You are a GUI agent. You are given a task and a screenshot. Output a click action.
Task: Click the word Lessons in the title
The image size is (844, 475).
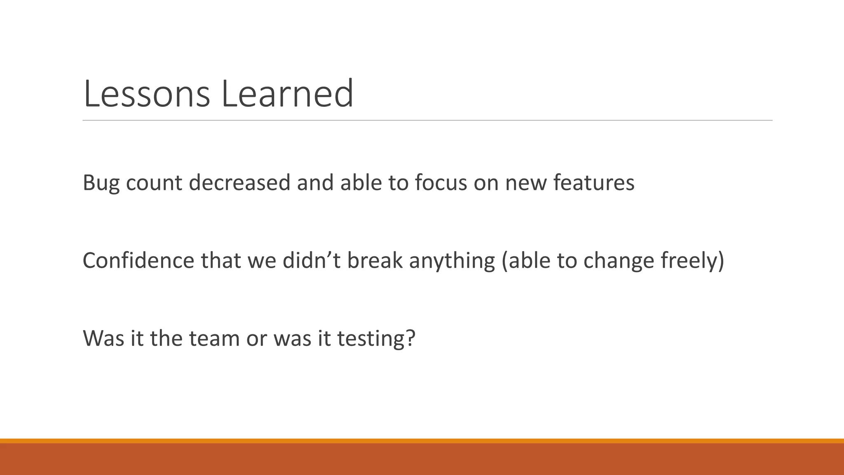146,94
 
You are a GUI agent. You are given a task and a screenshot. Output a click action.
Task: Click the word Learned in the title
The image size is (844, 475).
287,94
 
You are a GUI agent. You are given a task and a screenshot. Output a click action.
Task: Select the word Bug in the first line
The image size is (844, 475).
101,183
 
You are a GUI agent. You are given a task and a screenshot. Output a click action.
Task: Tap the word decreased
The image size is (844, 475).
239,183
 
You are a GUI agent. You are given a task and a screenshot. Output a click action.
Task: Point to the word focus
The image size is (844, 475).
441,183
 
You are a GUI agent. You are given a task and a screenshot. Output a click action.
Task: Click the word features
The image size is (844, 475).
593,183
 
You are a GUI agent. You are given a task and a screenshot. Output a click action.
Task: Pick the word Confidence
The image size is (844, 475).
138,261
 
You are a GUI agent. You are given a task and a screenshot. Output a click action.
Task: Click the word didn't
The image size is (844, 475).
311,261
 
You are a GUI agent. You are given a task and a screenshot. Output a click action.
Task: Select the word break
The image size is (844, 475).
375,261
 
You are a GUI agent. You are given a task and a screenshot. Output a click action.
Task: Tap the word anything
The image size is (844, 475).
452,261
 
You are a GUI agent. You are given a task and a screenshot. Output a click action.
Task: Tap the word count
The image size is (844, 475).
154,183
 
